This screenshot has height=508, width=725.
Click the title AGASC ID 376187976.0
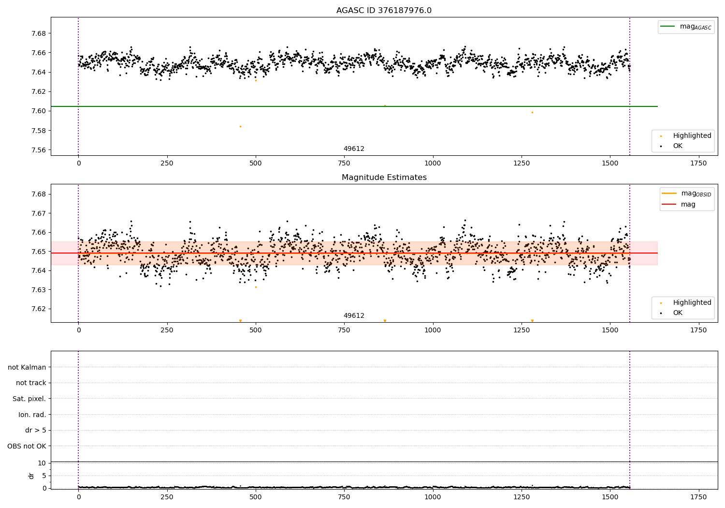[384, 11]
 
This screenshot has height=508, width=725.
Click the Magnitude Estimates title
[384, 178]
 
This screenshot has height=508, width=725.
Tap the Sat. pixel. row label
[29, 399]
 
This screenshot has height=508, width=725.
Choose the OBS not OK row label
[27, 446]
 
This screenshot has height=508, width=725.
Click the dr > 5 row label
[35, 430]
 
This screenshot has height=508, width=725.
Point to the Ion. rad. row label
[32, 415]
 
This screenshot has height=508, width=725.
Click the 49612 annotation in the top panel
[354, 149]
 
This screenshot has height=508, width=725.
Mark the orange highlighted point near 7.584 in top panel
[240, 126]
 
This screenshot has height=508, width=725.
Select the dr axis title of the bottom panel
[31, 476]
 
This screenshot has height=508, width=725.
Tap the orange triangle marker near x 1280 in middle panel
[532, 321]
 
